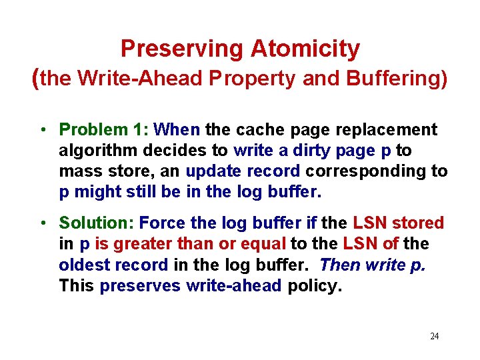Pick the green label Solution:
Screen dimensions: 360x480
pos(97,223)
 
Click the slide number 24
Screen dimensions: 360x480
pos(434,336)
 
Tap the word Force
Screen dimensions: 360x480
pos(160,223)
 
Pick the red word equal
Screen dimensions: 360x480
pos(261,244)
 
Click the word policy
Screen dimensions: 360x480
pos(315,285)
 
